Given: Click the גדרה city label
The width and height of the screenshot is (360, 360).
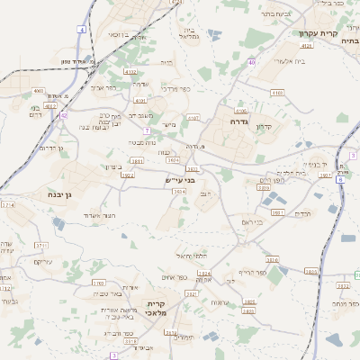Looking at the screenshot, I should pos(238,121).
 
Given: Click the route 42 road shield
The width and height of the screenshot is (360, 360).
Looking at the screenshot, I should pos(63,115).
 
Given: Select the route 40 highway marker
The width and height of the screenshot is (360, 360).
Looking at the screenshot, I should pos(252,62).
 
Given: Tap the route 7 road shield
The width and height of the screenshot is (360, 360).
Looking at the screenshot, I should pos(146,130).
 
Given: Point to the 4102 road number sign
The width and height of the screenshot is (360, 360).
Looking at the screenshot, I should pos(130,71).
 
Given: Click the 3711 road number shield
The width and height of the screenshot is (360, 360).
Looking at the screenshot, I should pos(41,244).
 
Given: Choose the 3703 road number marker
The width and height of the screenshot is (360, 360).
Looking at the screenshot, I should pos(98,283).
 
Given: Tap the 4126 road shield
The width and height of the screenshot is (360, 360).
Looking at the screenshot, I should pos(307,44).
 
